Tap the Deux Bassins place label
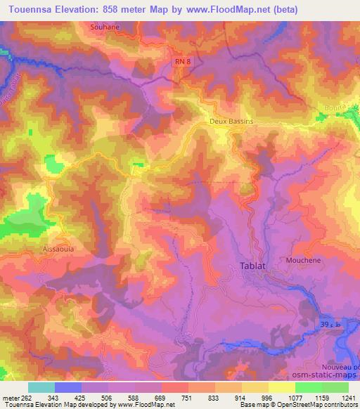click(231, 122)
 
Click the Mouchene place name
click(304, 259)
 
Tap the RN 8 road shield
click(181, 62)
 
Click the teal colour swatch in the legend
click(41, 387)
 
